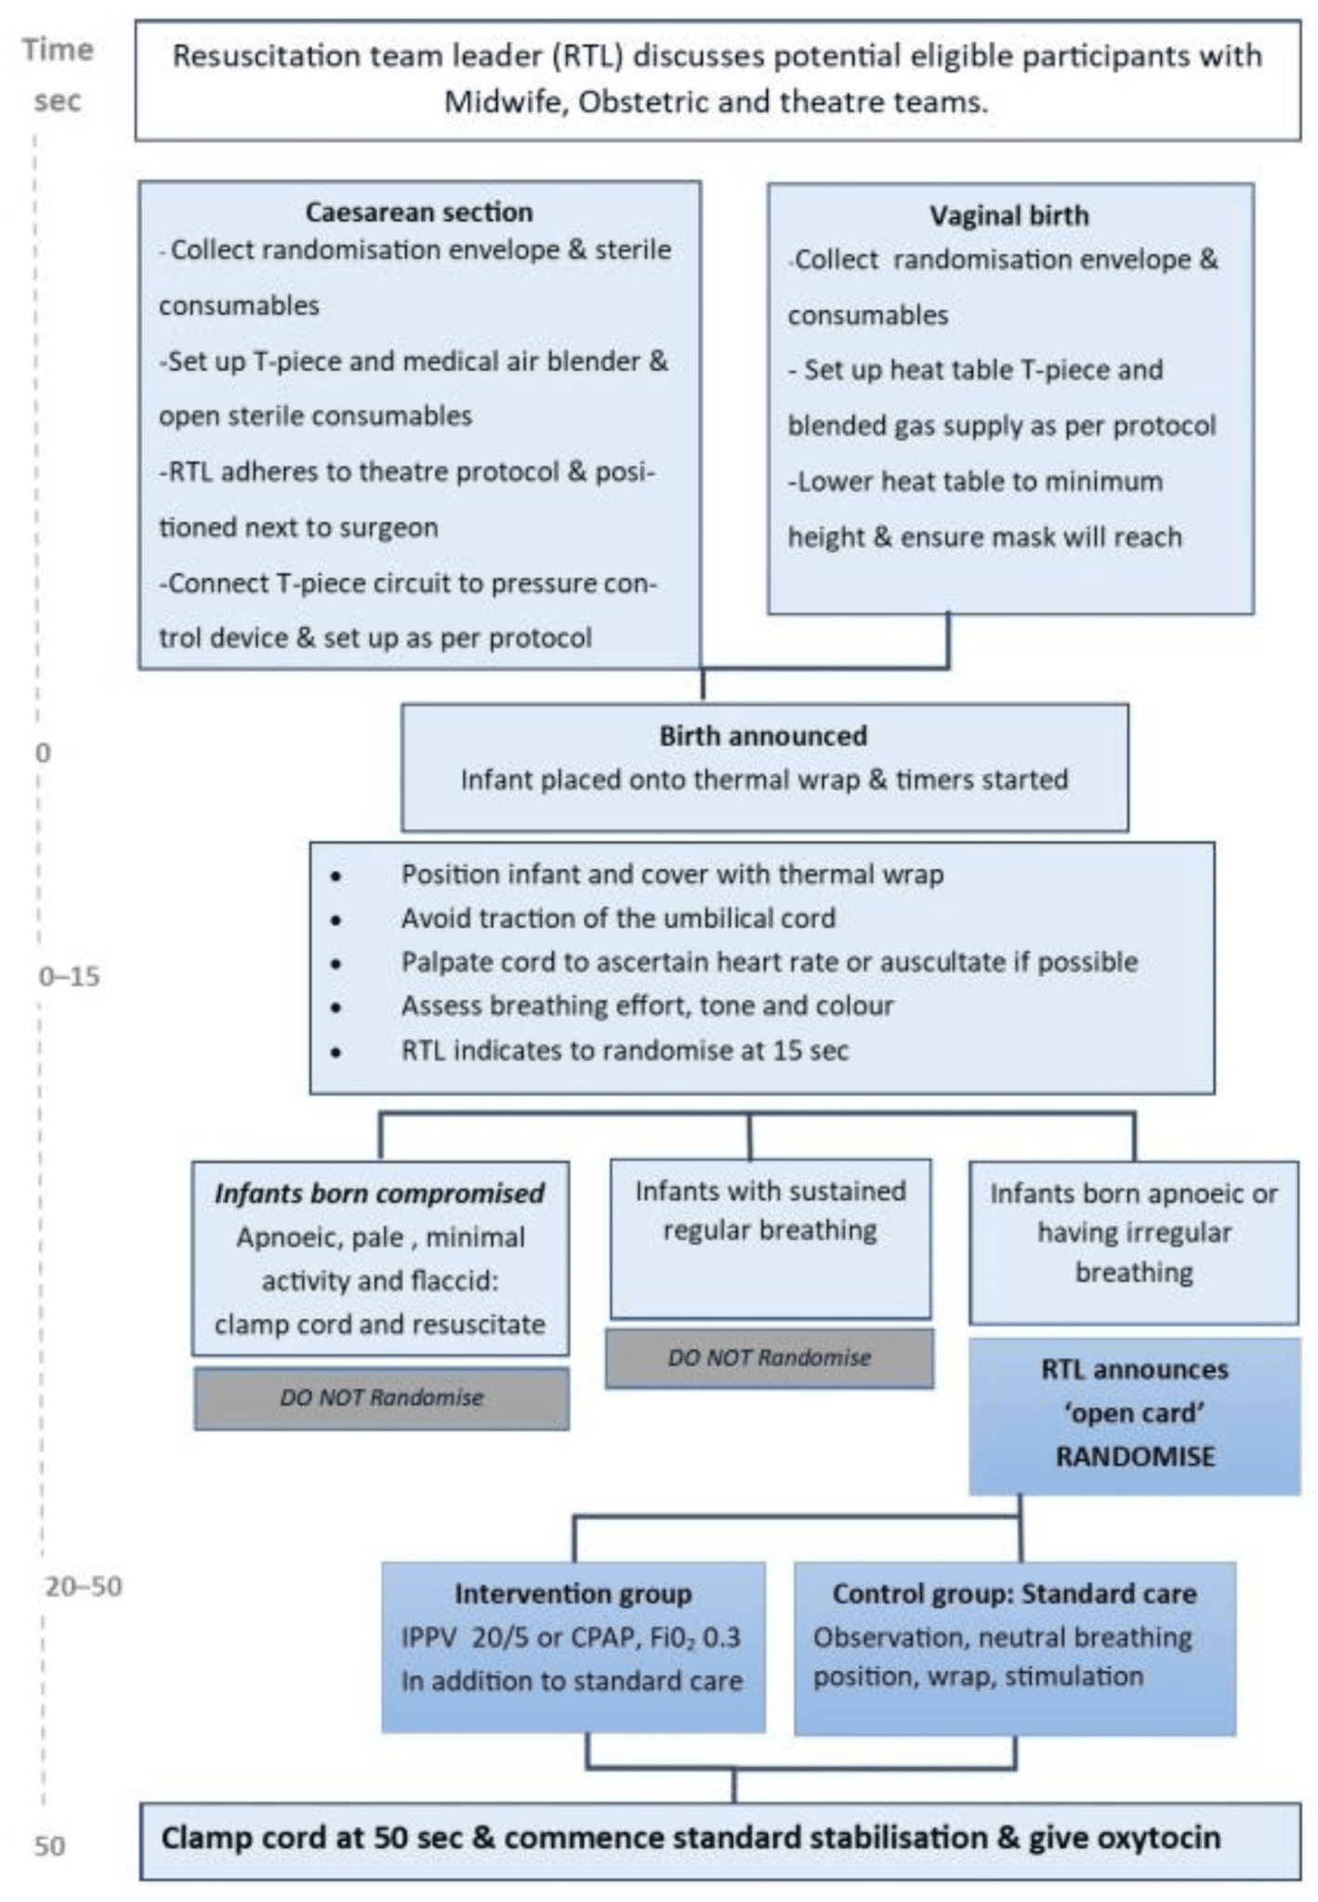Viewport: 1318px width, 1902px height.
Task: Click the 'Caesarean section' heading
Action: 419,212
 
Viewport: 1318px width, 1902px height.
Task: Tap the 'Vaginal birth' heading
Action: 1009,216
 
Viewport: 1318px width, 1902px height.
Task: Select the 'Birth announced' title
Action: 763,736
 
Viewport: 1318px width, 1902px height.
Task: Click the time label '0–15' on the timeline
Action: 69,977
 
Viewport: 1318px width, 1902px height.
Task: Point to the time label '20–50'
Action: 84,1586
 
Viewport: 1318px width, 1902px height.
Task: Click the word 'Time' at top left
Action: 58,49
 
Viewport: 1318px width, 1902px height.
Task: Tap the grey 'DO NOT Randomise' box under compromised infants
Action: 381,1397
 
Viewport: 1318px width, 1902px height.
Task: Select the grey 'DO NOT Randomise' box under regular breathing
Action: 769,1358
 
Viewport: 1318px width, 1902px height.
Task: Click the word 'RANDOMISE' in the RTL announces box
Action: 1135,1456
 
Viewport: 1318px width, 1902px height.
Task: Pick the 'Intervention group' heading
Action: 573,1594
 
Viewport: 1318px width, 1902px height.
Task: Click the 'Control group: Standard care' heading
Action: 1014,1594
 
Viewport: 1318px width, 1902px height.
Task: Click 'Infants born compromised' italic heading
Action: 379,1194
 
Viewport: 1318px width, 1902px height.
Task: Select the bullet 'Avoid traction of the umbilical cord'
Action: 618,918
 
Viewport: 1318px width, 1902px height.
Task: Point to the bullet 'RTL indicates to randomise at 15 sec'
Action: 625,1051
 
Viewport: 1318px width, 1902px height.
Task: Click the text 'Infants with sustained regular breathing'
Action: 770,1211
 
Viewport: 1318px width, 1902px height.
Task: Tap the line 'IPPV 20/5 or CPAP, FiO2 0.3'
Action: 571,1637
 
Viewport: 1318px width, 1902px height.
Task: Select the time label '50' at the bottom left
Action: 50,1845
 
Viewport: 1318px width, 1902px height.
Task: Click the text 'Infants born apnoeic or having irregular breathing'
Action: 1134,1233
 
